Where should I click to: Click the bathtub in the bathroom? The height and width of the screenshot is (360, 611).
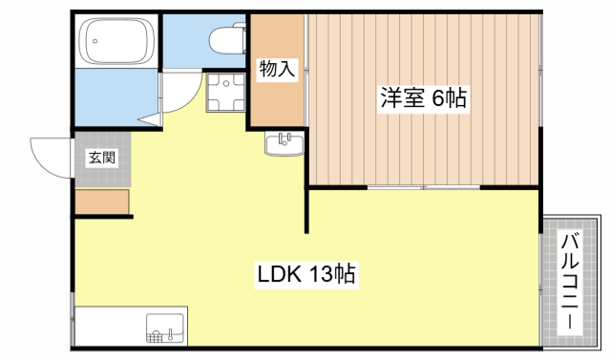point(116,41)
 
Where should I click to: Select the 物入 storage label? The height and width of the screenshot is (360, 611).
point(277,69)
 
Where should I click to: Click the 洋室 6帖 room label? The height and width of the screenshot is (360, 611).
point(426,97)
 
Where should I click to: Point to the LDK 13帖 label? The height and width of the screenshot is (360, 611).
point(305,275)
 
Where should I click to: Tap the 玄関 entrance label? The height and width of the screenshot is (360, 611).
point(102,158)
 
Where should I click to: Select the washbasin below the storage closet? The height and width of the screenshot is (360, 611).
point(284,144)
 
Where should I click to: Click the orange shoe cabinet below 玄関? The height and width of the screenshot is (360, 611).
point(101,201)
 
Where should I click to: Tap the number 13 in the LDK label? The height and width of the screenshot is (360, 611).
point(320,275)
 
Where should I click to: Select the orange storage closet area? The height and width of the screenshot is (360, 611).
point(277,95)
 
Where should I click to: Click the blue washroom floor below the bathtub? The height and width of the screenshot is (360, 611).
point(115,95)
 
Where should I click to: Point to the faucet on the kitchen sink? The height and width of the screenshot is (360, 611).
point(170,335)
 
